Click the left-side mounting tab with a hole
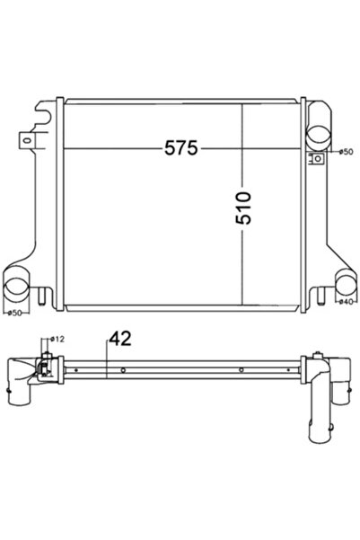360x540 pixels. [x=26, y=141]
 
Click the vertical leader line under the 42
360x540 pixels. [x=107, y=364]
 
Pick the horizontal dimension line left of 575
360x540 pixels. [x=108, y=147]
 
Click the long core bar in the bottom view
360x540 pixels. [x=180, y=369]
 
